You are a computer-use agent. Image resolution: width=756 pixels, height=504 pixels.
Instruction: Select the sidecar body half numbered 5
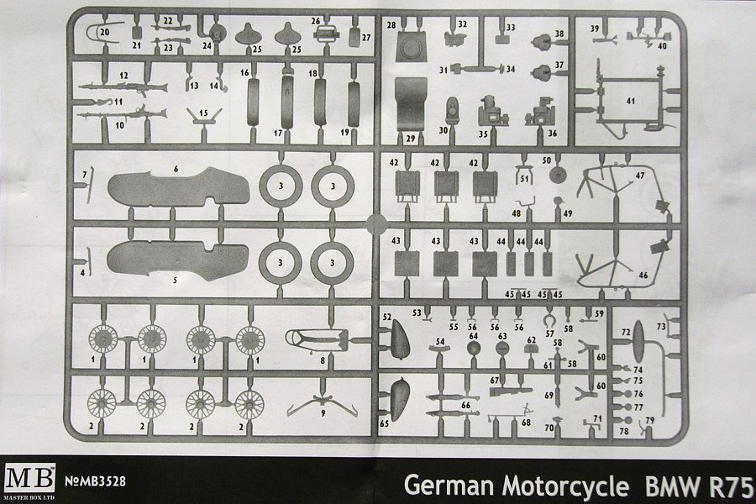pyautogui.click(x=176, y=256)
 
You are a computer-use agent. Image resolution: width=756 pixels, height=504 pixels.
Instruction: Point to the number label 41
pyautogui.click(x=630, y=101)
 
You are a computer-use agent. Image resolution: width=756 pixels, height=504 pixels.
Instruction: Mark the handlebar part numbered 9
pyautogui.click(x=323, y=405)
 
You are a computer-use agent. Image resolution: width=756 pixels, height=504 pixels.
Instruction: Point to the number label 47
pyautogui.click(x=640, y=176)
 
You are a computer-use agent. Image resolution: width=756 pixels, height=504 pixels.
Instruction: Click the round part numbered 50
pyautogui.click(x=555, y=176)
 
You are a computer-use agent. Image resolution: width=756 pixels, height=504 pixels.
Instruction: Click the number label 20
pyautogui.click(x=104, y=31)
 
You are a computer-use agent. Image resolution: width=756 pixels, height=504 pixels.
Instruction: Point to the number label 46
pyautogui.click(x=644, y=275)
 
